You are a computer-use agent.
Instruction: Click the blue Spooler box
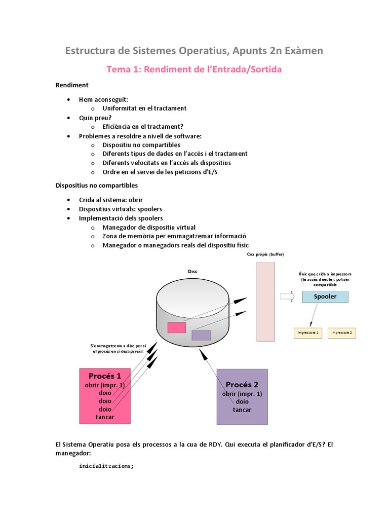pyautogui.click(x=325, y=296)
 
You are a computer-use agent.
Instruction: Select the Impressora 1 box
pyautogui.click(x=308, y=333)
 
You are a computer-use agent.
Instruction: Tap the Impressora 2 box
pyautogui.click(x=342, y=333)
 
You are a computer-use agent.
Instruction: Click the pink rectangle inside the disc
pyautogui.click(x=177, y=327)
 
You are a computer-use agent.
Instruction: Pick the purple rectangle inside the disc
pyautogui.click(x=201, y=335)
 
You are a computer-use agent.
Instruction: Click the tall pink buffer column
pyautogui.click(x=266, y=302)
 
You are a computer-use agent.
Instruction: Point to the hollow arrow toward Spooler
pyautogui.click(x=287, y=297)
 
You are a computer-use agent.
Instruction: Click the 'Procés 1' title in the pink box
pyautogui.click(x=105, y=376)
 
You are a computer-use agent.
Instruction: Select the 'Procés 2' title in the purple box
pyautogui.click(x=242, y=385)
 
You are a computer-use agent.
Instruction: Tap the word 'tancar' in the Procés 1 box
pyautogui.click(x=105, y=417)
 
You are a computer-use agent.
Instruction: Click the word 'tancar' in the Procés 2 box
pyautogui.click(x=242, y=410)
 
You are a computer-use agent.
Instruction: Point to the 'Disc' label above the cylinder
pyautogui.click(x=192, y=271)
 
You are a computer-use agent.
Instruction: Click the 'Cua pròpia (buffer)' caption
pyautogui.click(x=266, y=254)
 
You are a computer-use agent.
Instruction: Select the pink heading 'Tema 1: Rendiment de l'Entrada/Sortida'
pyautogui.click(x=194, y=69)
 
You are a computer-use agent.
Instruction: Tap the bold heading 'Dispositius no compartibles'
pyautogui.click(x=96, y=186)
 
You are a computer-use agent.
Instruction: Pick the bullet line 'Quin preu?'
pyautogui.click(x=95, y=118)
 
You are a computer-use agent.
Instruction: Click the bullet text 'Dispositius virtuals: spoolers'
pyautogui.click(x=121, y=209)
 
